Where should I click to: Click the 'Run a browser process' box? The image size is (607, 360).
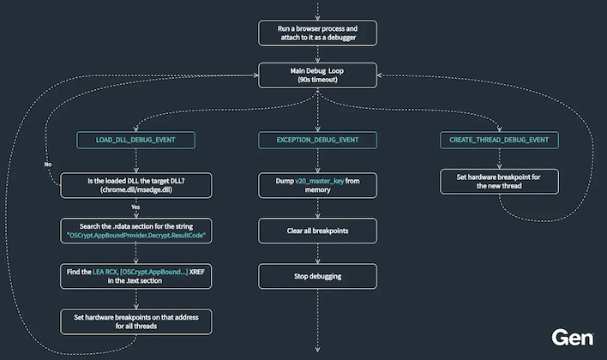click(317, 33)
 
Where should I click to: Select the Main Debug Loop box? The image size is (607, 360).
click(317, 74)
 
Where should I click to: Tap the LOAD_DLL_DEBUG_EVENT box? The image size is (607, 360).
click(135, 139)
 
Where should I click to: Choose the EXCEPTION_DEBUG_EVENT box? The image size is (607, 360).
click(317, 139)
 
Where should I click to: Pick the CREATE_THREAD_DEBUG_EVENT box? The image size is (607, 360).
click(500, 139)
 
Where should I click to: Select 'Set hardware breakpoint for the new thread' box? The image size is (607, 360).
click(500, 182)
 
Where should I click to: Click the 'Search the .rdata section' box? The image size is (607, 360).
click(135, 229)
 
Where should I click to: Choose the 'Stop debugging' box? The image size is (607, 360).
click(317, 275)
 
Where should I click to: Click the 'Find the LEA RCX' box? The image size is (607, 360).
click(135, 275)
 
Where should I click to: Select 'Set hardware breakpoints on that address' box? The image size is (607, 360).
click(135, 321)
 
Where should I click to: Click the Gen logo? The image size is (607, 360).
click(572, 337)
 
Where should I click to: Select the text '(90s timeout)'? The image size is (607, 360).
click(317, 80)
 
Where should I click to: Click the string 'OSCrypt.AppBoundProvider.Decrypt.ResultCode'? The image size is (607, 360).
click(135, 234)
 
